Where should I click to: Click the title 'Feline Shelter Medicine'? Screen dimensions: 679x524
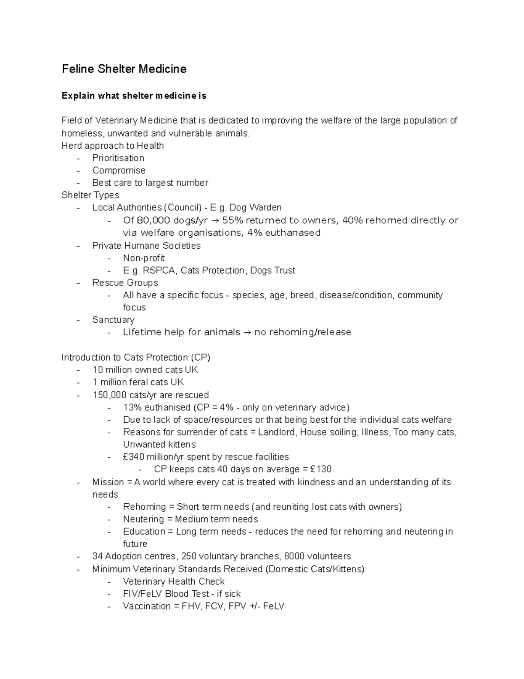point(124,69)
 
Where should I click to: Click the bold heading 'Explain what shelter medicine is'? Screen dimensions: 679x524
point(134,96)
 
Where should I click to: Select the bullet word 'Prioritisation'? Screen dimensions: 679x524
point(118,158)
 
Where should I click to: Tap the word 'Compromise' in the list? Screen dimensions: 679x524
point(119,170)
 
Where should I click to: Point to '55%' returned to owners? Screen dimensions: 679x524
point(231,220)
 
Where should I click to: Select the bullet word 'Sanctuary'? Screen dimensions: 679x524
point(113,320)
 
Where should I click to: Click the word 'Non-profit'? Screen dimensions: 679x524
point(144,258)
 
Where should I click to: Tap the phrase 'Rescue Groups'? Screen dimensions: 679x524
point(125,282)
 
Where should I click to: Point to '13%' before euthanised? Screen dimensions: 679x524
point(132,407)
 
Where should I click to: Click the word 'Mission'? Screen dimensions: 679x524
point(108,482)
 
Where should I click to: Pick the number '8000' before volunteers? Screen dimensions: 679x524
point(294,556)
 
